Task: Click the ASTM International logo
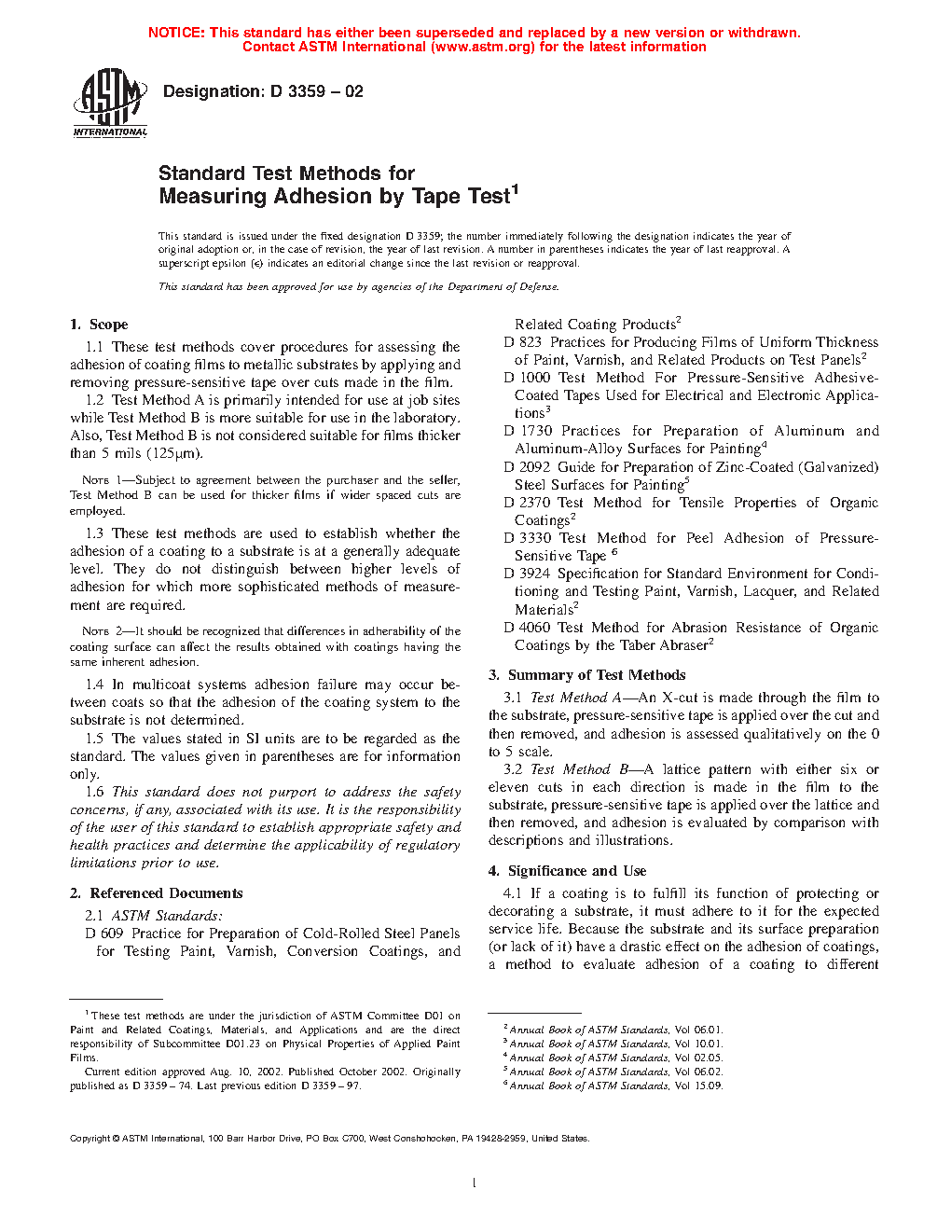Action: [x=110, y=103]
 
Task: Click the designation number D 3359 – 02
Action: [x=317, y=91]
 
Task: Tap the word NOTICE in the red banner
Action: [x=176, y=33]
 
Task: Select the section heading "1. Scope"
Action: [x=99, y=325]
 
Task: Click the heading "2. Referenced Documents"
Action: [x=156, y=893]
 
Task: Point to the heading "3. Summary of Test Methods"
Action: [x=586, y=675]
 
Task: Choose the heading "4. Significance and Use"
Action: [x=567, y=871]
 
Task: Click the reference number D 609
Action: [x=104, y=934]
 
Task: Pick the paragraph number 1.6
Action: [x=94, y=792]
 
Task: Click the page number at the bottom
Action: [x=475, y=1183]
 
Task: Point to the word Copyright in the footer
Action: [x=90, y=1139]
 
